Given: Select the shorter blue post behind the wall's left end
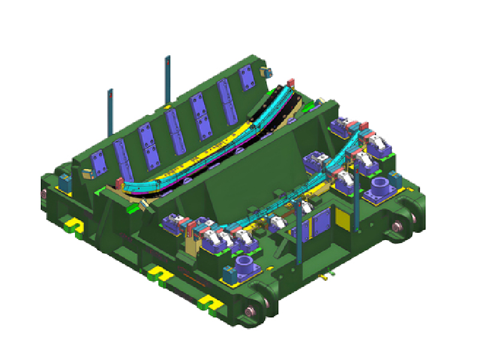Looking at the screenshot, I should coord(110,112).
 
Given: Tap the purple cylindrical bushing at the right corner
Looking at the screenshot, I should coord(380,187).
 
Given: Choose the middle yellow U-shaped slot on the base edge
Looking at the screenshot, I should coord(157,274).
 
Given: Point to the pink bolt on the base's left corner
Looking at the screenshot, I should coord(44,193).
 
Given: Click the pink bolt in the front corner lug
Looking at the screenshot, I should coord(248,311).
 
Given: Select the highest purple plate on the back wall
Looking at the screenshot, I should coord(247,78).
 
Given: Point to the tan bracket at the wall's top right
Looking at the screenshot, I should coord(266,73).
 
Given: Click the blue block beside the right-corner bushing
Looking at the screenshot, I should coord(395,179).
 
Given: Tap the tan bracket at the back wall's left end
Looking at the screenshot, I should coord(88,173).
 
